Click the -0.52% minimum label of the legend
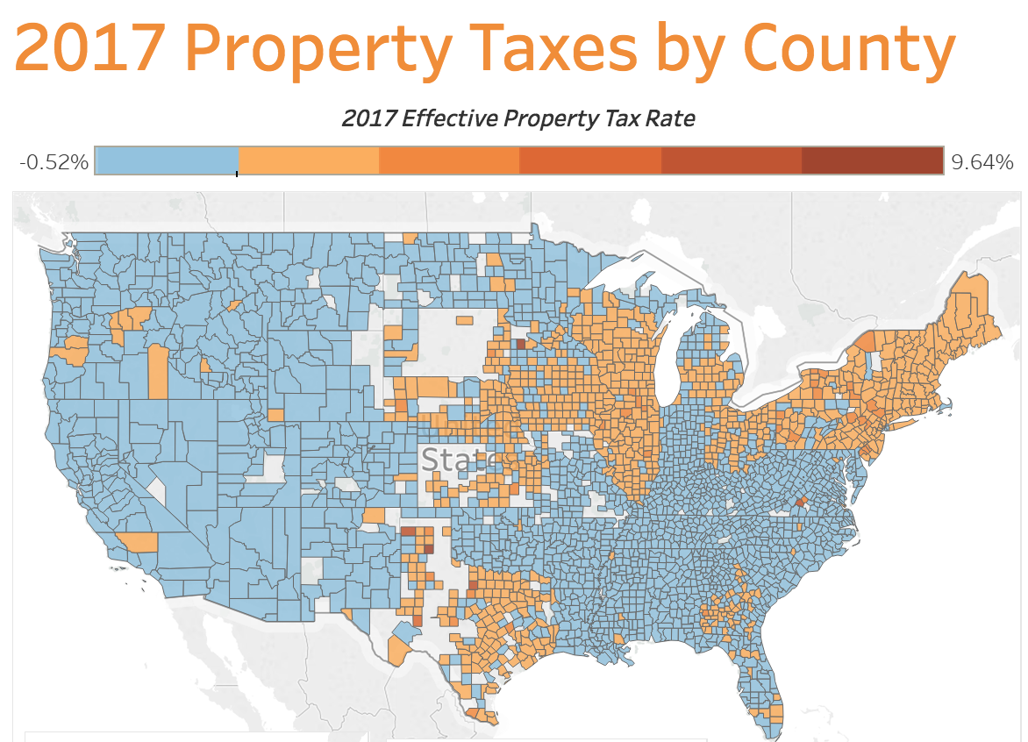pos(54,162)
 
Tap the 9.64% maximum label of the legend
pos(982,162)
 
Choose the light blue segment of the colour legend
pos(167,161)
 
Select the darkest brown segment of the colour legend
pos(872,161)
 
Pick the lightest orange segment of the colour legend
pos(308,161)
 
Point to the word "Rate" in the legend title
pos(671,118)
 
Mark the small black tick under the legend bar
pos(238,174)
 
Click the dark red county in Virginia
pos(801,502)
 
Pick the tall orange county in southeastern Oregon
pos(158,371)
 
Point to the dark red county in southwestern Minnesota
pos(520,345)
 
